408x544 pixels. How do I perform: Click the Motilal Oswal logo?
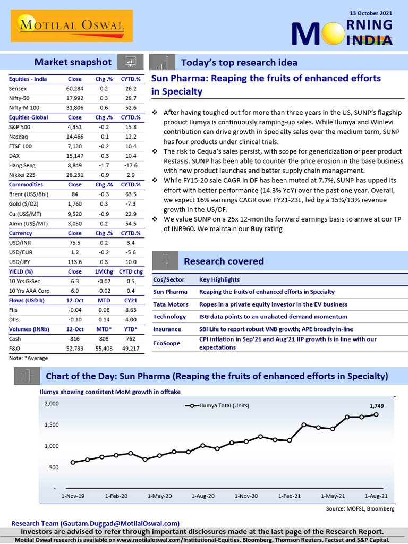tap(70, 25)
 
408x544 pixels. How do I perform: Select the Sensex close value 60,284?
tap(75, 88)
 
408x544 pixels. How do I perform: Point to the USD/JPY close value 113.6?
tap(75, 261)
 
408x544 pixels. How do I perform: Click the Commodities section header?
tap(27, 184)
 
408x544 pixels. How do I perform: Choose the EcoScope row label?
tap(166, 343)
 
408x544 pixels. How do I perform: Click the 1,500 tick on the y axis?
tap(52, 424)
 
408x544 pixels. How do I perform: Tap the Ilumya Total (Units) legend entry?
tap(218, 405)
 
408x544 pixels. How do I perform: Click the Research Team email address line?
tap(95, 523)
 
